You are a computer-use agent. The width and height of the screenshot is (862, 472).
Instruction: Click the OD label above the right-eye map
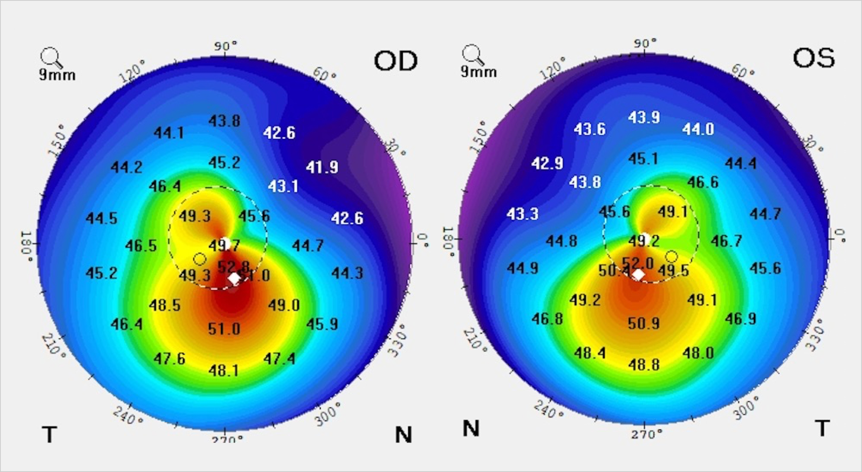[396, 61]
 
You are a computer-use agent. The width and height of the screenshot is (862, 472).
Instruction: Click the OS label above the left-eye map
[813, 58]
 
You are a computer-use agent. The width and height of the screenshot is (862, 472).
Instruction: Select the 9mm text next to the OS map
[479, 72]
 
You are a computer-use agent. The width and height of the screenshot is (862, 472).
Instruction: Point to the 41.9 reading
[322, 167]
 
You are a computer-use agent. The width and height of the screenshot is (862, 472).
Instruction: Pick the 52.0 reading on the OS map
[638, 263]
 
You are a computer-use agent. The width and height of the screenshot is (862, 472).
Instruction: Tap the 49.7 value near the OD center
[224, 246]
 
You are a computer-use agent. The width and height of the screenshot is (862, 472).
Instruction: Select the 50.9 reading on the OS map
[644, 323]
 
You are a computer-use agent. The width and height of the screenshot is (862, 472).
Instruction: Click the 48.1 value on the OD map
[224, 370]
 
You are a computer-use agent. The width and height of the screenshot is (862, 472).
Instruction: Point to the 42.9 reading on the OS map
[547, 163]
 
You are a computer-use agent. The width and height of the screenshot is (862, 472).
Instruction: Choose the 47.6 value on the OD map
[170, 359]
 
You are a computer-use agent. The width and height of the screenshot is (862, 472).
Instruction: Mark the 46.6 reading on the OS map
[703, 182]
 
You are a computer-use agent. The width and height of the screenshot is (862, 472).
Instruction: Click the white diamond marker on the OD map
[234, 278]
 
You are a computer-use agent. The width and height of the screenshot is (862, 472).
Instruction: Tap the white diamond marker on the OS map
[638, 274]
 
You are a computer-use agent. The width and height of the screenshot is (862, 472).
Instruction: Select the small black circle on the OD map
[200, 259]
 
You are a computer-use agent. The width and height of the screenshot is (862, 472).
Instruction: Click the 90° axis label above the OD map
[225, 46]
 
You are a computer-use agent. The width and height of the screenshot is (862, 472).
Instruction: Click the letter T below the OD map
[49, 434]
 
